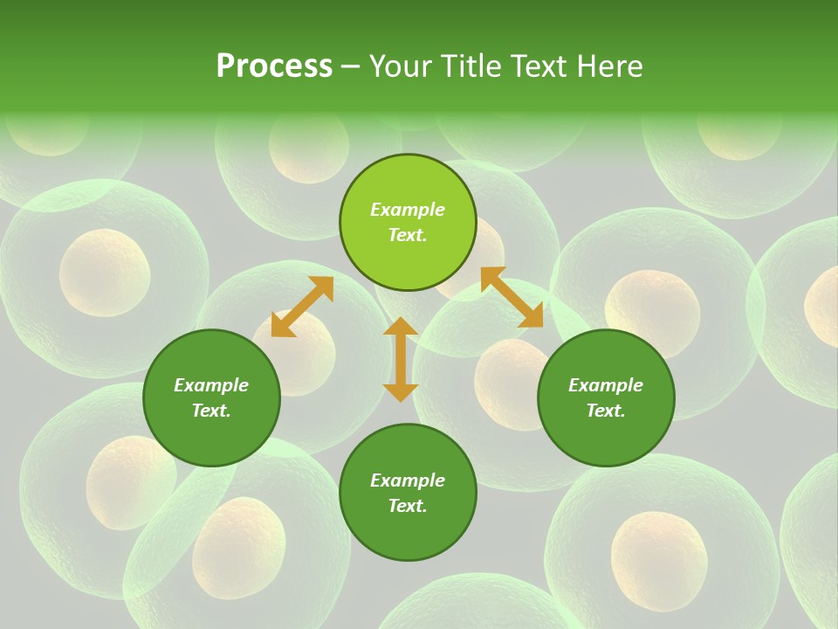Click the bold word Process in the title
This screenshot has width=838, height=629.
click(274, 66)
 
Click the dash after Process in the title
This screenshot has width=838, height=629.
click(350, 67)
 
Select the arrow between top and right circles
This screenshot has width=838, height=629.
click(512, 297)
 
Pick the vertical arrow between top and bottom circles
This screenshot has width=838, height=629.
click(401, 359)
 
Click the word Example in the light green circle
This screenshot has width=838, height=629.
click(408, 210)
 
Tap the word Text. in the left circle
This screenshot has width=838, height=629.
click(211, 411)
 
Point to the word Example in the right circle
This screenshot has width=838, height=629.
click(606, 385)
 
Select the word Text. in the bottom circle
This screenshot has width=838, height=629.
click(408, 506)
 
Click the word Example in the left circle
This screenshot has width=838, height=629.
click(211, 385)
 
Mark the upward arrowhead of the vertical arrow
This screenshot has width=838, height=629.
click(401, 327)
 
